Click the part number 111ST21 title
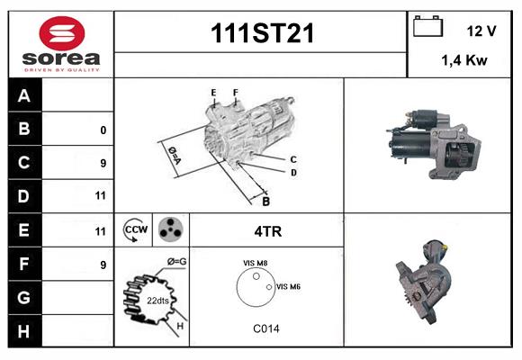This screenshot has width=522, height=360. click(x=262, y=34)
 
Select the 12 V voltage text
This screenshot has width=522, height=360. click(x=481, y=31)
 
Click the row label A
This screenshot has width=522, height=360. click(x=24, y=95)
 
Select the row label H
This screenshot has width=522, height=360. click(x=24, y=330)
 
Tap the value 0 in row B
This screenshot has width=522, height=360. click(x=103, y=130)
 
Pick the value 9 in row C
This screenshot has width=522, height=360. click(x=103, y=163)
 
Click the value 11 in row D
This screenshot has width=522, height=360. click(x=100, y=195)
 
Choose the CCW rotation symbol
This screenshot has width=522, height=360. click(x=135, y=230)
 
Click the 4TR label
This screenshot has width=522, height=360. click(x=268, y=231)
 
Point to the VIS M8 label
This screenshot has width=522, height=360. click(x=255, y=263)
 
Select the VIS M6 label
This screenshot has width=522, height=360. click(x=288, y=286)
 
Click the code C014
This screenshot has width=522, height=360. click(x=265, y=328)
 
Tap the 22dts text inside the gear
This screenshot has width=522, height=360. click(x=157, y=301)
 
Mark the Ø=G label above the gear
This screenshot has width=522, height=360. click(x=176, y=262)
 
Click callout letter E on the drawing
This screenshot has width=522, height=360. click(x=213, y=93)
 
